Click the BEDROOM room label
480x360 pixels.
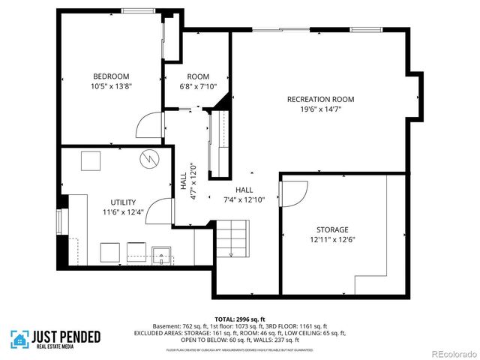[x=111, y=76]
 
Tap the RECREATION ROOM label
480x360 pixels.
[x=320, y=99]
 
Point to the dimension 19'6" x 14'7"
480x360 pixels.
[x=320, y=109]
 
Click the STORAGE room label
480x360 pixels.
[x=331, y=229]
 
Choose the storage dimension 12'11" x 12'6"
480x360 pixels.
[x=331, y=240]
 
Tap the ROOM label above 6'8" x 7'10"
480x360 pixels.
[x=198, y=76]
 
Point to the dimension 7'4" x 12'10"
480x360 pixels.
[x=244, y=199]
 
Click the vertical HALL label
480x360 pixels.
[x=184, y=181]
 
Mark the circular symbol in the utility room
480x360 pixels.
[x=149, y=158]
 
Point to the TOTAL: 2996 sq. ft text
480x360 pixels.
[x=240, y=318]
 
